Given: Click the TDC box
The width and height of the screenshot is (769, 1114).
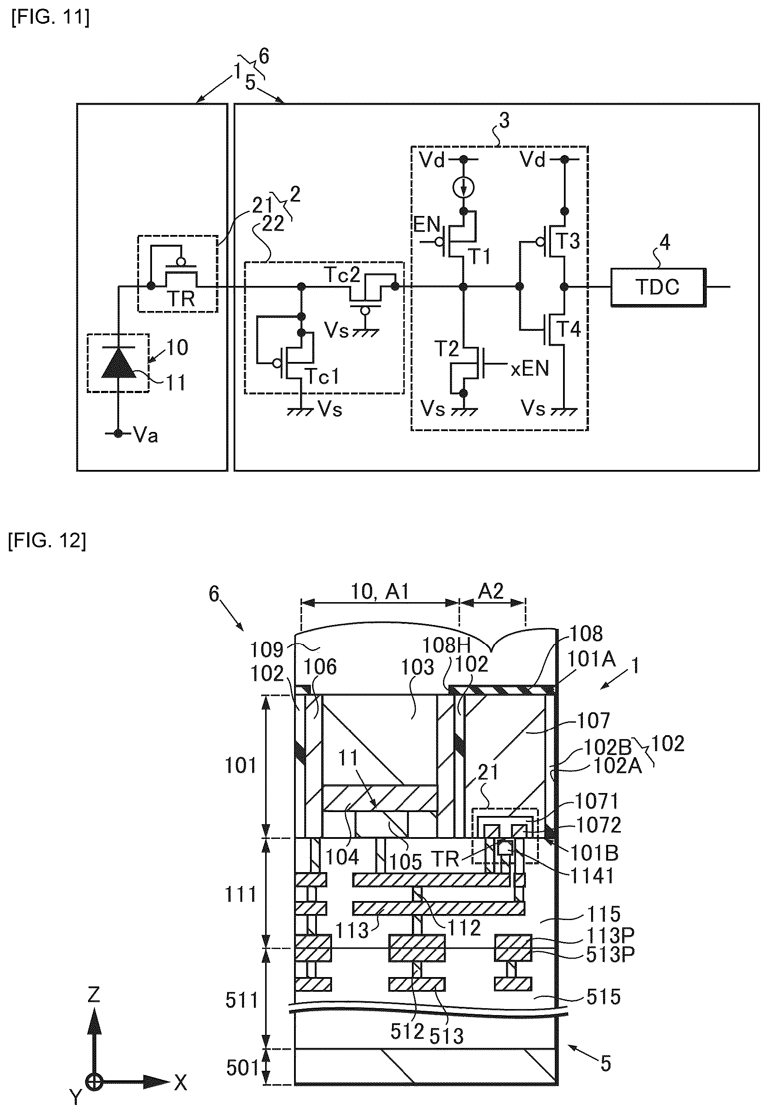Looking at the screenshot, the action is pyautogui.click(x=658, y=287).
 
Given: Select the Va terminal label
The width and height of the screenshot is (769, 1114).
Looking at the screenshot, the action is pyautogui.click(x=146, y=435).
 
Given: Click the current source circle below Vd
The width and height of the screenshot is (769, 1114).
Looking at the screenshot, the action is pyautogui.click(x=464, y=188).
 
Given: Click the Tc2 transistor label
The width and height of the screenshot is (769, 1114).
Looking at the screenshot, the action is pyautogui.click(x=342, y=275).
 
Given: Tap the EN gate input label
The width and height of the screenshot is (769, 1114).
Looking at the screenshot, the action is pyautogui.click(x=427, y=225).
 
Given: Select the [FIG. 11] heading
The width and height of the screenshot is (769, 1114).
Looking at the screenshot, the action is pyautogui.click(x=50, y=18).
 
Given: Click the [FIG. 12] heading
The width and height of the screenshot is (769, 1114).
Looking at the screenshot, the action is pyautogui.click(x=47, y=541).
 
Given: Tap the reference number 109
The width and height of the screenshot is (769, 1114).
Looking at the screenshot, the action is pyautogui.click(x=267, y=650).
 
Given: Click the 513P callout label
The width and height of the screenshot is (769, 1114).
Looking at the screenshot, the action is pyautogui.click(x=610, y=955).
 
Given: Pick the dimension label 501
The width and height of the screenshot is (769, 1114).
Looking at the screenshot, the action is pyautogui.click(x=243, y=1068).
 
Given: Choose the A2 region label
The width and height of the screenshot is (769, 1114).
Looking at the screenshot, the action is pyautogui.click(x=491, y=591).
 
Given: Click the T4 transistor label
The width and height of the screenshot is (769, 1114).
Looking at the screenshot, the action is pyautogui.click(x=569, y=329).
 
